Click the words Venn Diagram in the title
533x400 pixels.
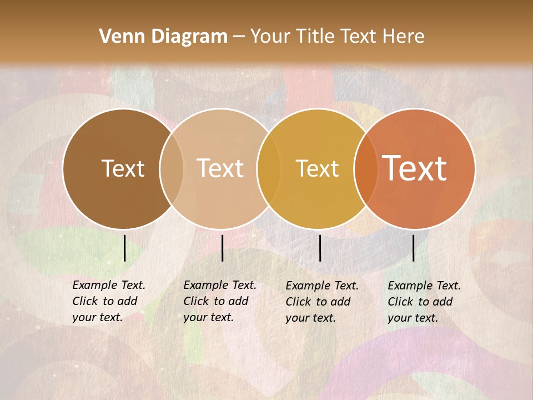[163, 37]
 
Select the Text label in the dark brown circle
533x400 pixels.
[123, 168]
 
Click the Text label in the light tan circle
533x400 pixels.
[220, 168]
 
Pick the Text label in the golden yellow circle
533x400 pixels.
[317, 168]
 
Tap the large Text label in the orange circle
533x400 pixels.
[415, 168]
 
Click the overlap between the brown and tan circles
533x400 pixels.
[172, 168]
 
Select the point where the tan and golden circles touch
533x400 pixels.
[265, 168]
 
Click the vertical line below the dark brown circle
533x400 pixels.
[124, 248]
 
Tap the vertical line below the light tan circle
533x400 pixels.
[222, 248]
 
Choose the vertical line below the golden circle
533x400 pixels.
[320, 248]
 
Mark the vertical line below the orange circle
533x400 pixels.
[413, 248]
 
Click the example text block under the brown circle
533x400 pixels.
[108, 301]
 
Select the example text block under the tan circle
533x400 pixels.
[219, 301]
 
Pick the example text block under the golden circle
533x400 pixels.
[321, 302]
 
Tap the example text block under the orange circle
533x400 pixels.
[424, 302]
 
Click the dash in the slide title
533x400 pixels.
[239, 37]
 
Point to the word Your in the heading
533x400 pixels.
[270, 37]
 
